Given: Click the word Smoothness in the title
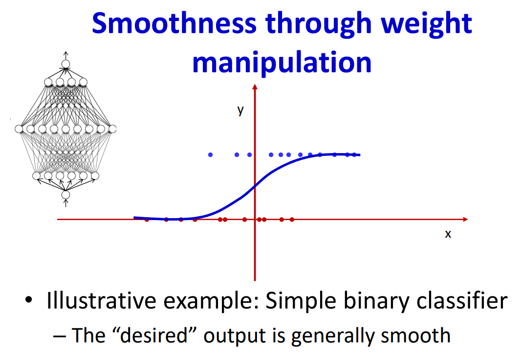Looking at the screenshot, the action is click(x=174, y=23).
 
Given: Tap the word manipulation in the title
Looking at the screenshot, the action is click(x=282, y=62).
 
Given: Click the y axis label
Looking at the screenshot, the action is click(x=241, y=110).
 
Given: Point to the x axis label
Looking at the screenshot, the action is click(x=448, y=234).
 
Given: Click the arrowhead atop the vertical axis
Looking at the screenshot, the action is click(x=255, y=87).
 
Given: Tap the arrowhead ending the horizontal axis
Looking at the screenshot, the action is click(x=465, y=220).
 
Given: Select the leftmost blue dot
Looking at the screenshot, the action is click(x=210, y=155).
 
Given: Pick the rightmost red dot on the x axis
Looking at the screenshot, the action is click(x=292, y=220).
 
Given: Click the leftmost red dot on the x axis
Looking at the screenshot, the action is click(x=147, y=220).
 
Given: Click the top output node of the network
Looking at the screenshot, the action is click(x=66, y=64).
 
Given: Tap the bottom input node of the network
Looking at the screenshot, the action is click(x=66, y=195).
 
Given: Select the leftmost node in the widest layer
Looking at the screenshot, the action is click(x=19, y=129).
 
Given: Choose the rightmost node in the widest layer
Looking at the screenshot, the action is click(x=112, y=129).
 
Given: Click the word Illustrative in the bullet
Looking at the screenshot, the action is click(x=101, y=300).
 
